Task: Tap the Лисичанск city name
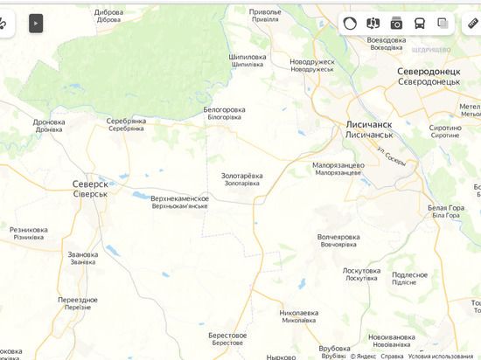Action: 368,125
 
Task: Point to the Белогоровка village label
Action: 224,109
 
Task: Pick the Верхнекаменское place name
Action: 179,198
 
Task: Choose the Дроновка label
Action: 49,122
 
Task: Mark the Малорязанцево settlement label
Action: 338,164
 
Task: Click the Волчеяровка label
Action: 338,237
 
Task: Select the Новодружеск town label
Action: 312,62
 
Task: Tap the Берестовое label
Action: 227,335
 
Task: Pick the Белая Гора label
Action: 445,207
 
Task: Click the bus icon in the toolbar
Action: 420,24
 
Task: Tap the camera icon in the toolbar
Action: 397,24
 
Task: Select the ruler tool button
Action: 473,24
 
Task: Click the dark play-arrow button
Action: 36,24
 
